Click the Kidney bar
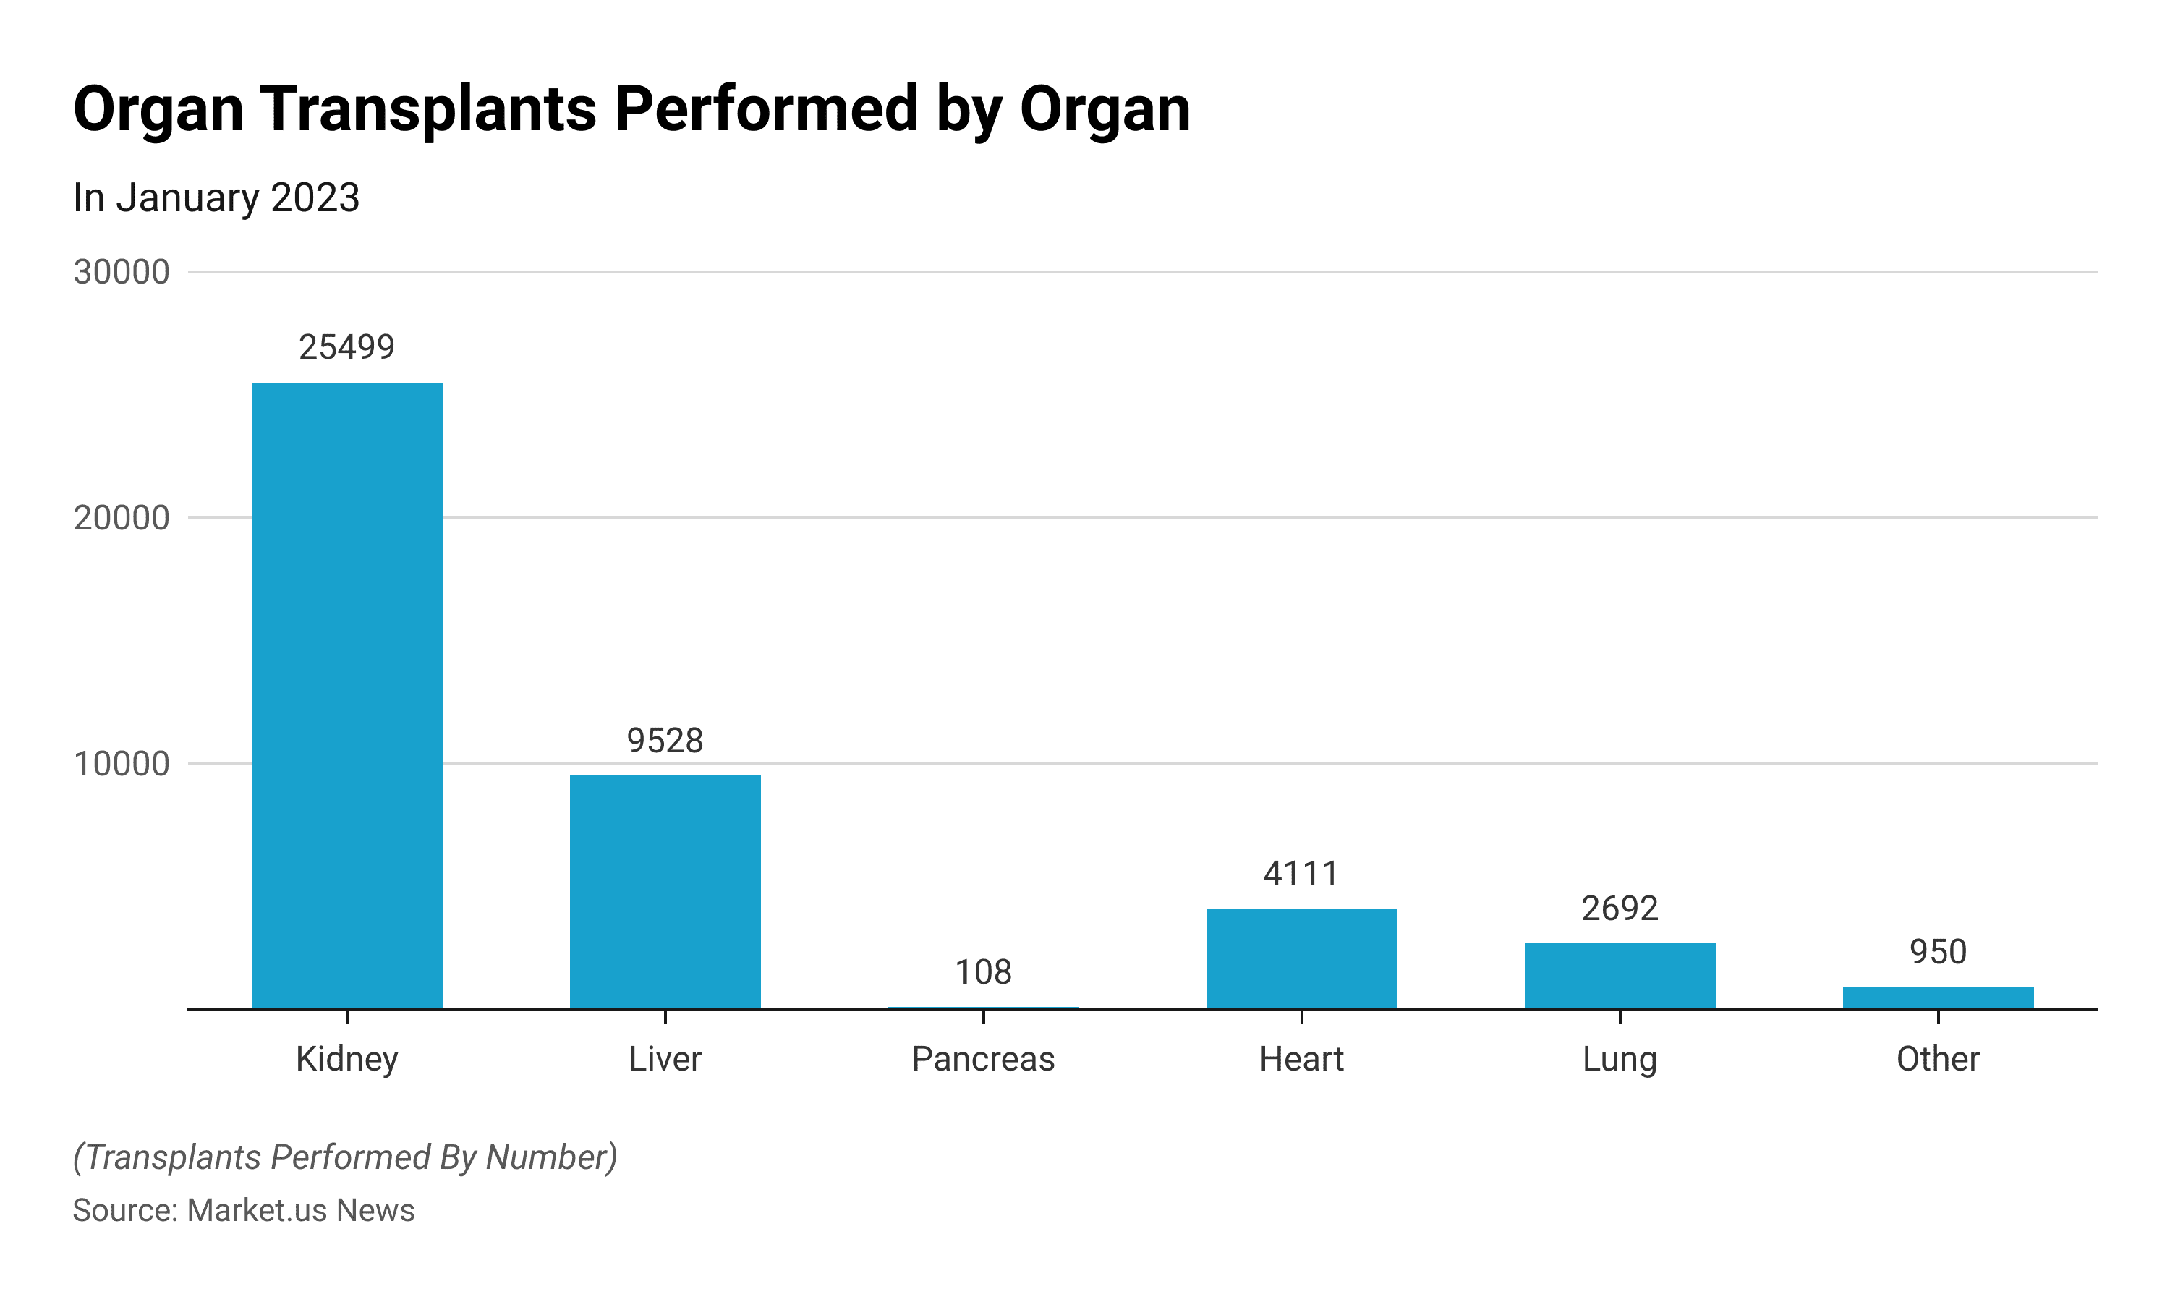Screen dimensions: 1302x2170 (346, 695)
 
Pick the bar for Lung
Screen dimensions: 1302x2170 (1619, 976)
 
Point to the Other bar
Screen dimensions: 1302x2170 (1938, 997)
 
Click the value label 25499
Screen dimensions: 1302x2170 (346, 347)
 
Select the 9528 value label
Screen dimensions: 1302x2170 (665, 741)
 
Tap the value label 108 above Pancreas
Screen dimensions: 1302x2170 (982, 972)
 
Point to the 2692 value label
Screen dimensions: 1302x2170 (1619, 909)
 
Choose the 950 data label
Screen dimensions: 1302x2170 (1938, 952)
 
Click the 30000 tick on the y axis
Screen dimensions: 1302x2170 (121, 272)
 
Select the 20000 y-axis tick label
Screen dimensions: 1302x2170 (121, 518)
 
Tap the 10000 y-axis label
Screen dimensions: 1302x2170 (121, 763)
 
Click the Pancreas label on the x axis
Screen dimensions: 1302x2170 (982, 1059)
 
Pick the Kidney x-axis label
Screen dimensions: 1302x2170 (346, 1059)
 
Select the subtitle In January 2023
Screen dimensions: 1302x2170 (216, 197)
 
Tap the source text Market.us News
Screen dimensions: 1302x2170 (300, 1210)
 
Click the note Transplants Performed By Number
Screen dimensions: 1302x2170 (345, 1157)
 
